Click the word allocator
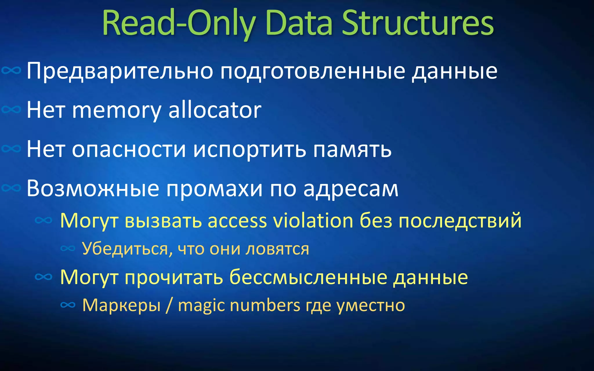click(215, 110)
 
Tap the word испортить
click(249, 150)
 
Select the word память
click(352, 150)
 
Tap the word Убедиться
click(125, 249)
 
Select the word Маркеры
click(121, 305)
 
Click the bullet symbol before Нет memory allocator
click(11, 110)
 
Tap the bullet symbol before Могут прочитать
click(44, 277)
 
